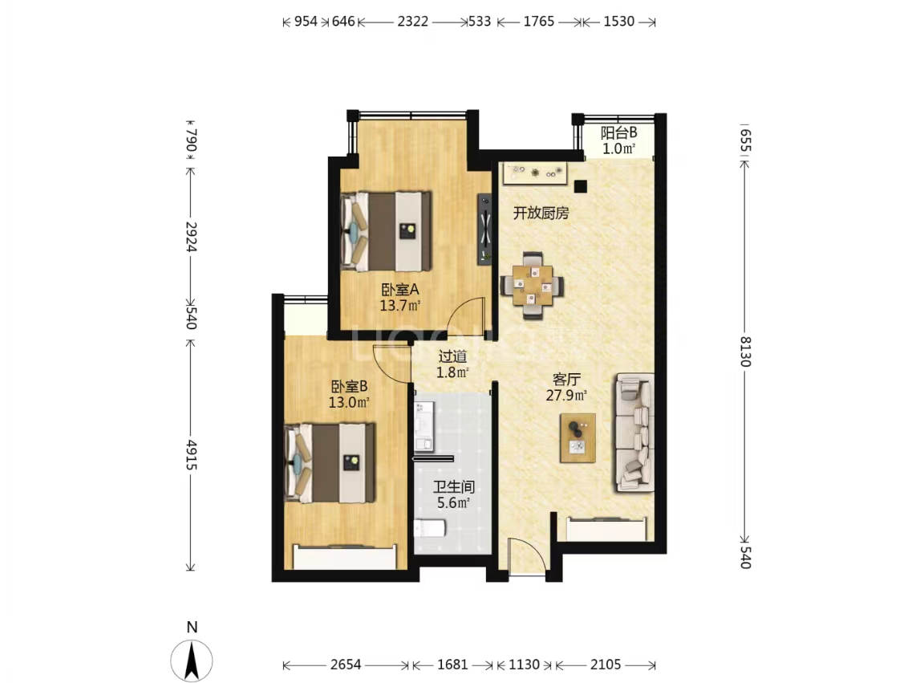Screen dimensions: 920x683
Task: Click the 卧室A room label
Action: pos(400,290)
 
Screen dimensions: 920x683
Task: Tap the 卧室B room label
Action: pos(349,386)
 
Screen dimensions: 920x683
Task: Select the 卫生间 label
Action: pos(453,487)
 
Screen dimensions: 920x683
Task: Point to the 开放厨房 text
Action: pos(541,213)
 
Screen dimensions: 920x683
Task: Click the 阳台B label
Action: pos(619,132)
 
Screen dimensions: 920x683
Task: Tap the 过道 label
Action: pos(453,356)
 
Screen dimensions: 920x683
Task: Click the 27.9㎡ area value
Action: pos(566,395)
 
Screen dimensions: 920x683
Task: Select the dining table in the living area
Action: pos(532,286)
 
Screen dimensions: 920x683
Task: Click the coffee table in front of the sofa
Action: pos(578,438)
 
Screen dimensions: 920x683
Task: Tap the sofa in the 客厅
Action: pos(634,433)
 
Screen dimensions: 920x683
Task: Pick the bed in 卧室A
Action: pos(386,231)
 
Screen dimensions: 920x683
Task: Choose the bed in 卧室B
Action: pos(330,463)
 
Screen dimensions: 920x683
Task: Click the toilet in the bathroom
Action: pos(430,528)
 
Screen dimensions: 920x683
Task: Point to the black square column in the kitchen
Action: pos(580,187)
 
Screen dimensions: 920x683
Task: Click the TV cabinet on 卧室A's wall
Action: pos(484,230)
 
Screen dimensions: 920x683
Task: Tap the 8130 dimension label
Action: pos(744,352)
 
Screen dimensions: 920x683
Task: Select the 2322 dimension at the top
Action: pos(413,22)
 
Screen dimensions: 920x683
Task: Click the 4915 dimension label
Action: pos(191,454)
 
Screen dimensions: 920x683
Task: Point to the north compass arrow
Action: pos(192,661)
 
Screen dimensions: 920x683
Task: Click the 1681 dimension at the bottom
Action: pos(452,665)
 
